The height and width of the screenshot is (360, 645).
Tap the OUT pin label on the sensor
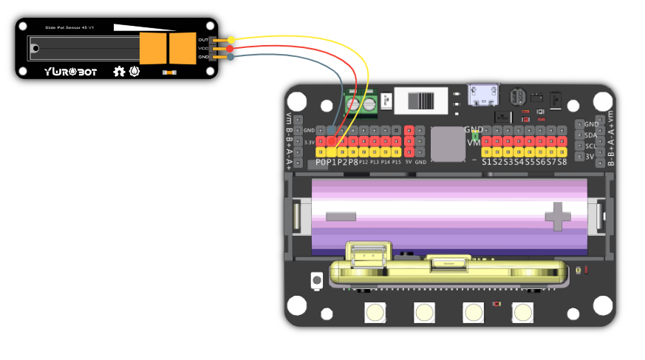click(x=203, y=39)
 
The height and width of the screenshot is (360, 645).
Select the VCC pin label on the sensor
click(x=203, y=48)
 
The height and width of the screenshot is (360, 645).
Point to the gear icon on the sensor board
click(x=118, y=71)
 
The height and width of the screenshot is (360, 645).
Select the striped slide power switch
click(x=422, y=101)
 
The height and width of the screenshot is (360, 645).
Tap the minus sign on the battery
click(x=340, y=217)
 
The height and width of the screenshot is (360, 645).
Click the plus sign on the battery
click(x=558, y=217)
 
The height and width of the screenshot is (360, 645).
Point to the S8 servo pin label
click(x=562, y=162)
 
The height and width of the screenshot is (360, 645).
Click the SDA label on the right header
click(x=591, y=135)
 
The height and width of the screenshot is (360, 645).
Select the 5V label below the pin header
click(x=408, y=161)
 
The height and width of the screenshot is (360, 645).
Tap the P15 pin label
click(x=396, y=161)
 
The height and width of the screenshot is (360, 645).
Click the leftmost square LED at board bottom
click(x=376, y=313)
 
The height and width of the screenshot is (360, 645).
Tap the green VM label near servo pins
click(x=474, y=143)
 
